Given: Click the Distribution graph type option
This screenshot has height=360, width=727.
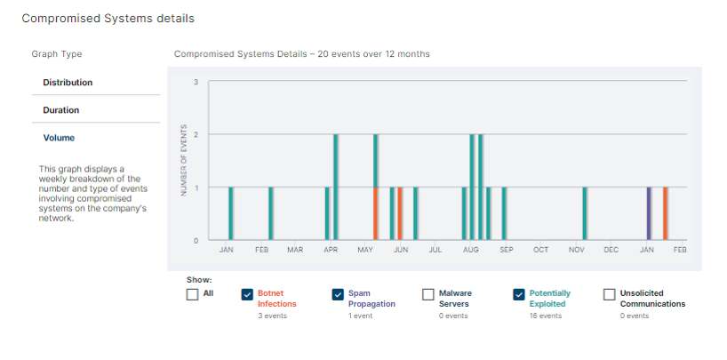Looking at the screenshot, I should coord(68,83).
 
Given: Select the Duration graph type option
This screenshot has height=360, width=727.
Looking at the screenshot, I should coord(60,110).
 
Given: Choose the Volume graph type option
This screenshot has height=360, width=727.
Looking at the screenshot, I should coord(59,138).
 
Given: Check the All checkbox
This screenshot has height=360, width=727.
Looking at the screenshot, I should coord(192,294).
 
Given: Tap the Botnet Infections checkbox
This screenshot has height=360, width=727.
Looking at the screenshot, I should coord(248,294).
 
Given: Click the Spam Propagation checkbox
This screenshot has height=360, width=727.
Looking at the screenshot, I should coord(338,294).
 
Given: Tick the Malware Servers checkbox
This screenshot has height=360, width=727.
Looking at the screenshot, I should coord(428,294).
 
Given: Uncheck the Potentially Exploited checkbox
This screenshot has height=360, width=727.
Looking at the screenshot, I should coord(519,294).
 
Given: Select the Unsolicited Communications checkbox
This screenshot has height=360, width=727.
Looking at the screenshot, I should coord(610,294).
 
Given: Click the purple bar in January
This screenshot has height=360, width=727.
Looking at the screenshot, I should coord(649,213).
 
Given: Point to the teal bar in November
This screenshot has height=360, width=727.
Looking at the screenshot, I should coord(584,213).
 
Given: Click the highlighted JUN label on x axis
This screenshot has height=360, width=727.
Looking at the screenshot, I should coord(401,251).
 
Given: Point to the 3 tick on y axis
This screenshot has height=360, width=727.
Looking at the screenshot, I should coord(196,82).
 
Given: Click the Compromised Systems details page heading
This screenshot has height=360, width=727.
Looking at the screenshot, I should coord(108,18).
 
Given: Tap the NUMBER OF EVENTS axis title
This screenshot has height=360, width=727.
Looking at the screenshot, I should coord(184,161).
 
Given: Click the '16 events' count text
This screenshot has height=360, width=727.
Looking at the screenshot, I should coord(546,316).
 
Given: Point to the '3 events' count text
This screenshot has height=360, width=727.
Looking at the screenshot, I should coord(274,316).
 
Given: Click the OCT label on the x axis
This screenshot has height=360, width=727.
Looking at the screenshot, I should coord(540,251).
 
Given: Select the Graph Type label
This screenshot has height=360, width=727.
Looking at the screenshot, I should coord(57,54).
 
